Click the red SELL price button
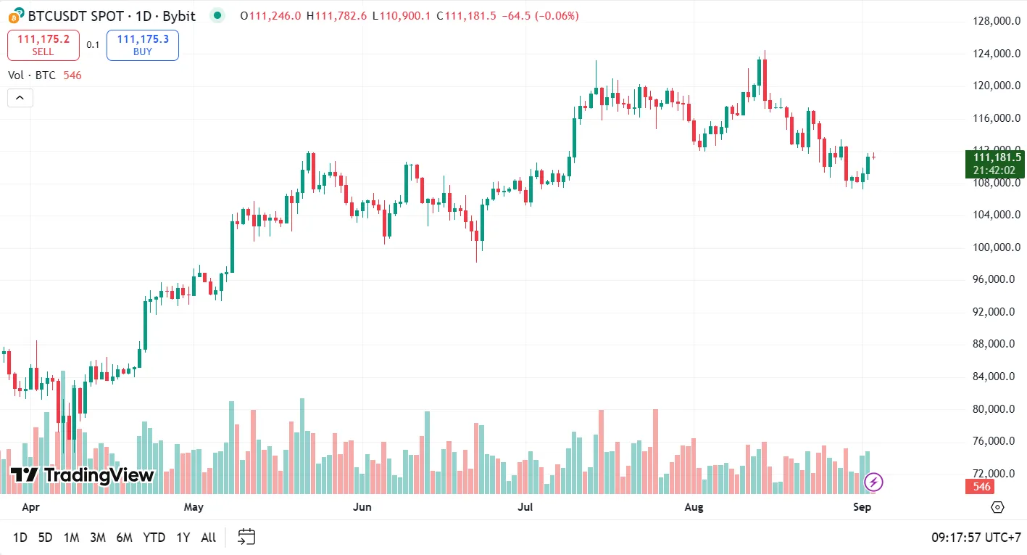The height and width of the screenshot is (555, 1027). (43, 45)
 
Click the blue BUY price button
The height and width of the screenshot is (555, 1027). (142, 45)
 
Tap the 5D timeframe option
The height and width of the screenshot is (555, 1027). (45, 538)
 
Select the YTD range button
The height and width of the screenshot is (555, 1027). (154, 538)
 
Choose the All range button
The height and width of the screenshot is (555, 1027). (209, 538)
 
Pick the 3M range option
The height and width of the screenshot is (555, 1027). (98, 538)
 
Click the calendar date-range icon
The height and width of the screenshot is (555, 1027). (247, 537)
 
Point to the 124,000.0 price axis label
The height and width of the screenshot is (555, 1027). (997, 54)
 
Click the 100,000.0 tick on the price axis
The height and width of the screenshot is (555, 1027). (997, 247)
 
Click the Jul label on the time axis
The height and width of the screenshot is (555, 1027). (525, 507)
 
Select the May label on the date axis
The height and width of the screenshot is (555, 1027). (194, 507)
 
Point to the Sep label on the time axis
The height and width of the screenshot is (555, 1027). (862, 507)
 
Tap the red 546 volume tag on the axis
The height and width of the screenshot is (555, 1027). (982, 487)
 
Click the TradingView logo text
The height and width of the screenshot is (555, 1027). (83, 475)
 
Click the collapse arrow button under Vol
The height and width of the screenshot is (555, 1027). (20, 98)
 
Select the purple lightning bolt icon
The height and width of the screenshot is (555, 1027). (874, 482)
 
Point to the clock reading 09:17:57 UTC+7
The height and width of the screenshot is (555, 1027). (976, 538)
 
